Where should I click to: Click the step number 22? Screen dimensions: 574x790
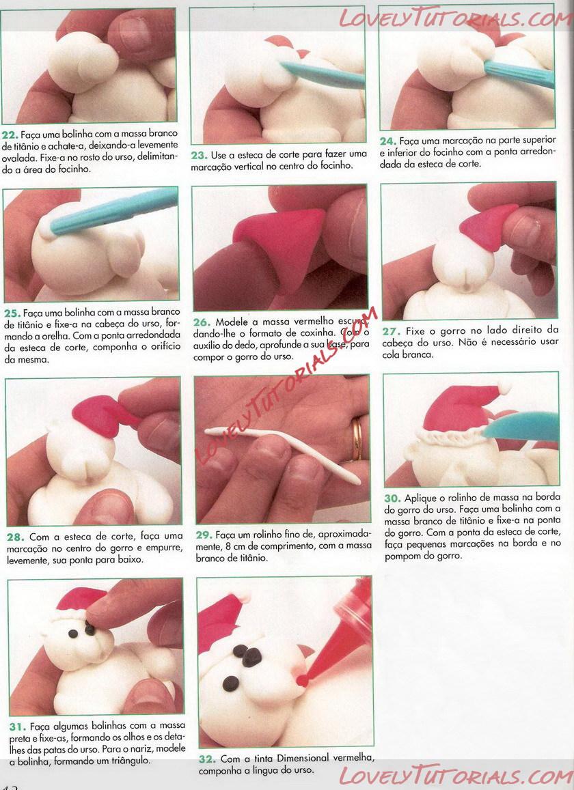point(10,135)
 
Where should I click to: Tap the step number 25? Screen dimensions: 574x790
point(12,313)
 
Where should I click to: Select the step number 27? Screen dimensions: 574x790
point(392,332)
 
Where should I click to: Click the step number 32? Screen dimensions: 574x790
point(207,759)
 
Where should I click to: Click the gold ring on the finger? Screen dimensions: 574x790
point(356,438)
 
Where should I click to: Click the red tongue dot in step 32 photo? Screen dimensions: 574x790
point(302,680)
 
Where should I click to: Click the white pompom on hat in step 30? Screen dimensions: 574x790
point(504,387)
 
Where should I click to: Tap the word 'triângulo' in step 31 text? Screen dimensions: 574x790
point(126,760)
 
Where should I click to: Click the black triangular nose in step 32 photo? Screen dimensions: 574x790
point(251,658)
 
